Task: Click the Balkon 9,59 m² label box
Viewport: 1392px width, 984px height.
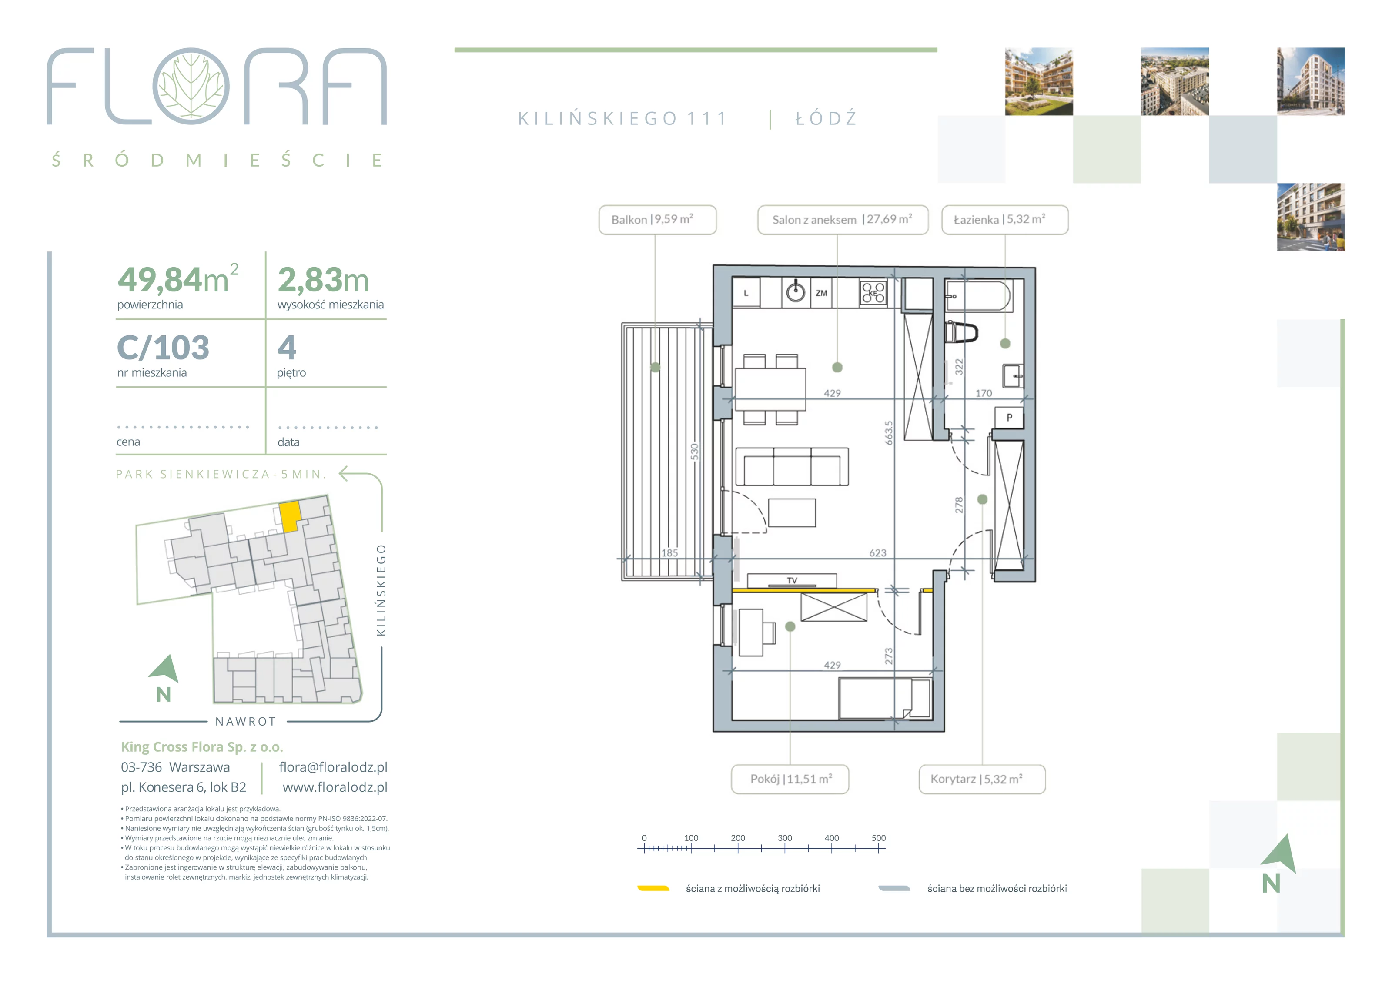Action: (x=657, y=220)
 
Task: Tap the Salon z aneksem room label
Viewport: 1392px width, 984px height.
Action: (x=843, y=220)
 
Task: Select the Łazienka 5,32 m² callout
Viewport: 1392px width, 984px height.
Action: (x=1004, y=220)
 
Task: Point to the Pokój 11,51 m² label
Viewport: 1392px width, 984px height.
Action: (x=790, y=779)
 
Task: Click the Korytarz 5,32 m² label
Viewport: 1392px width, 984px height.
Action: (x=982, y=779)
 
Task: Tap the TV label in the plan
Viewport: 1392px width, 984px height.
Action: (x=792, y=580)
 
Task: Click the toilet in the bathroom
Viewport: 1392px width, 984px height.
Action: (x=962, y=332)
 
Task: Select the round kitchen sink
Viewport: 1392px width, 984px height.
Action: (x=796, y=292)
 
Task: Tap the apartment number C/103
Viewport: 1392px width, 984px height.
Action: (x=163, y=348)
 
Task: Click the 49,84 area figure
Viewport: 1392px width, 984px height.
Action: (x=160, y=280)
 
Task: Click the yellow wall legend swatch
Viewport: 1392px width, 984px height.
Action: (x=653, y=888)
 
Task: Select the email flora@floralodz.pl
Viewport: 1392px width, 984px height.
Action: (x=333, y=767)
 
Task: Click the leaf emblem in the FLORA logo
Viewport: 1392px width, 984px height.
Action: (x=191, y=86)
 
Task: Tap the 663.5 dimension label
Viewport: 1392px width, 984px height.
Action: (x=889, y=433)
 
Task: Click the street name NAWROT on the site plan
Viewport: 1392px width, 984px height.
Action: (x=245, y=722)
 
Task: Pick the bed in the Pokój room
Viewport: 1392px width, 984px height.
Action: (x=884, y=699)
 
